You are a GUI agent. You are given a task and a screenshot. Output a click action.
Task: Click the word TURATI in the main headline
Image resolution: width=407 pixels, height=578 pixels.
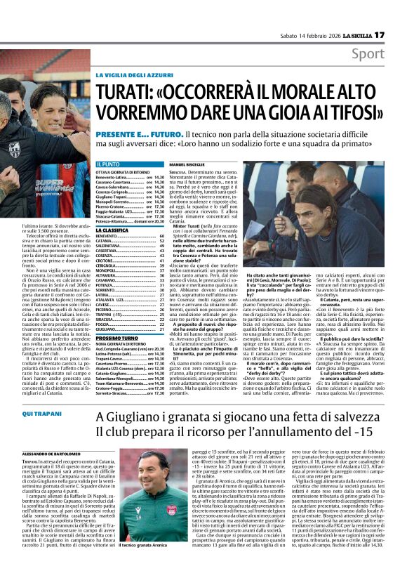click(x=131, y=91)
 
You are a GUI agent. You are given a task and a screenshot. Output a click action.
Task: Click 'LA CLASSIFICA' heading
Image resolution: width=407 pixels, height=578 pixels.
click(x=112, y=230)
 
